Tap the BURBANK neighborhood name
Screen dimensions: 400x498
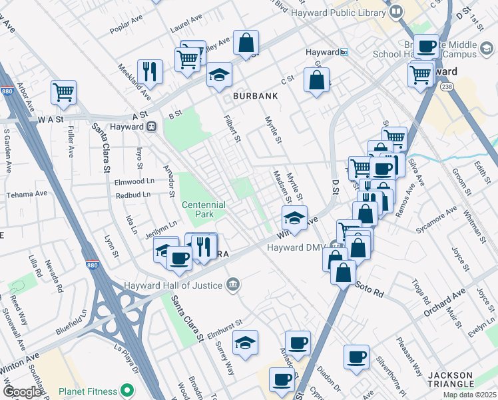pyautogui.click(x=255, y=96)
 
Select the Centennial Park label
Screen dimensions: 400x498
pyautogui.click(x=203, y=209)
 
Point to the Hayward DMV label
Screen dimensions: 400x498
pyautogui.click(x=295, y=247)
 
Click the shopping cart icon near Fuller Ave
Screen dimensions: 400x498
pyautogui.click(x=63, y=93)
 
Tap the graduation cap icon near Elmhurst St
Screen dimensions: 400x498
pyautogui.click(x=246, y=343)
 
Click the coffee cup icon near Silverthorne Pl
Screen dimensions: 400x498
pyautogui.click(x=356, y=357)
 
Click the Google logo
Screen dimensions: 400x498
pyautogui.click(x=22, y=392)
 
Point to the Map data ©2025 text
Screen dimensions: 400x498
pyautogui.click(x=469, y=395)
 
